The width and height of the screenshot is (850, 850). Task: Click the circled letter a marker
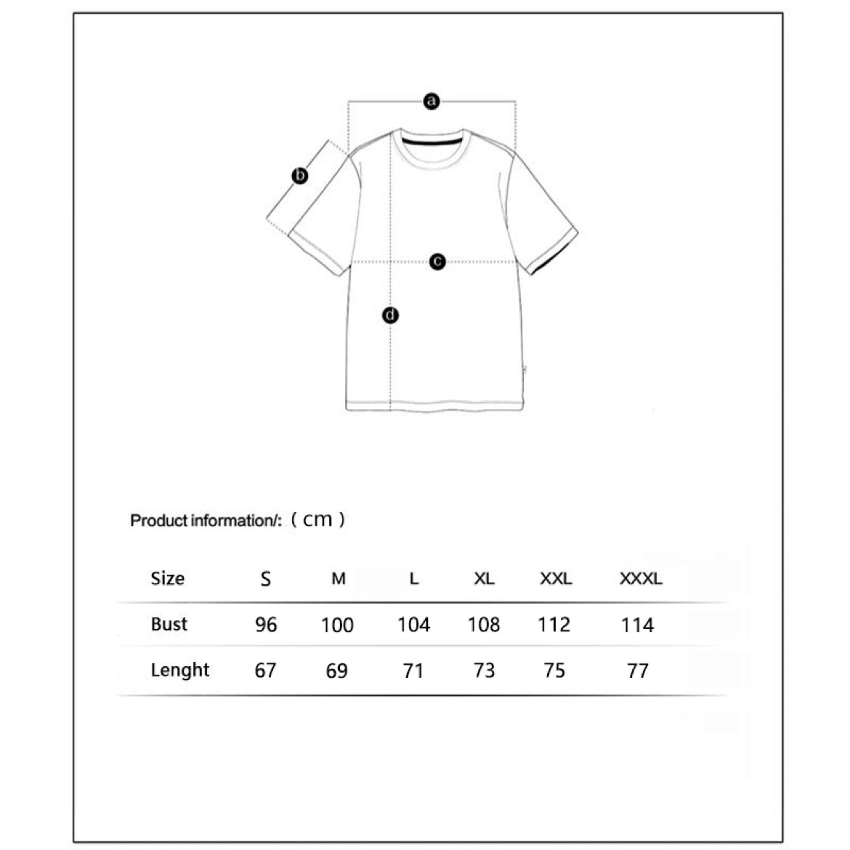click(432, 101)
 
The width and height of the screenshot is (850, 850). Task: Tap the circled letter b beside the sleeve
click(300, 176)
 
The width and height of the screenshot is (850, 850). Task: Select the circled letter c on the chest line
click(437, 261)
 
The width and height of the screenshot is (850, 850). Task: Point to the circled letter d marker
click(391, 315)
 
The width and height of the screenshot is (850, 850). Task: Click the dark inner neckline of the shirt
click(432, 142)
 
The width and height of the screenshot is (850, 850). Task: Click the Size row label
click(168, 578)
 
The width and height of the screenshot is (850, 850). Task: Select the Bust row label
click(169, 624)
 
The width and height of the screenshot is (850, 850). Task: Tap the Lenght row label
click(180, 670)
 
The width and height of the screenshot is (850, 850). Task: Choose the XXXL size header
click(641, 579)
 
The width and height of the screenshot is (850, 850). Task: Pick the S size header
click(266, 579)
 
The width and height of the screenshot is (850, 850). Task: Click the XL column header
click(484, 579)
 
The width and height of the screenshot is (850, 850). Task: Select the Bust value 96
click(266, 625)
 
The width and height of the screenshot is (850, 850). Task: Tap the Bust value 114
click(637, 625)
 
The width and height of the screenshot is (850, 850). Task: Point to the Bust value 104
click(413, 625)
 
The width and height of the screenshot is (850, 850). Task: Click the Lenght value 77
click(637, 671)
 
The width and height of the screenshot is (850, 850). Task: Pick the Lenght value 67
click(265, 671)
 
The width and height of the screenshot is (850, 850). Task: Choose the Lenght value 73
click(484, 671)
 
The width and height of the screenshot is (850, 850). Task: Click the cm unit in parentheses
click(317, 519)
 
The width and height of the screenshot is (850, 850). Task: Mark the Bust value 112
click(554, 625)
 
